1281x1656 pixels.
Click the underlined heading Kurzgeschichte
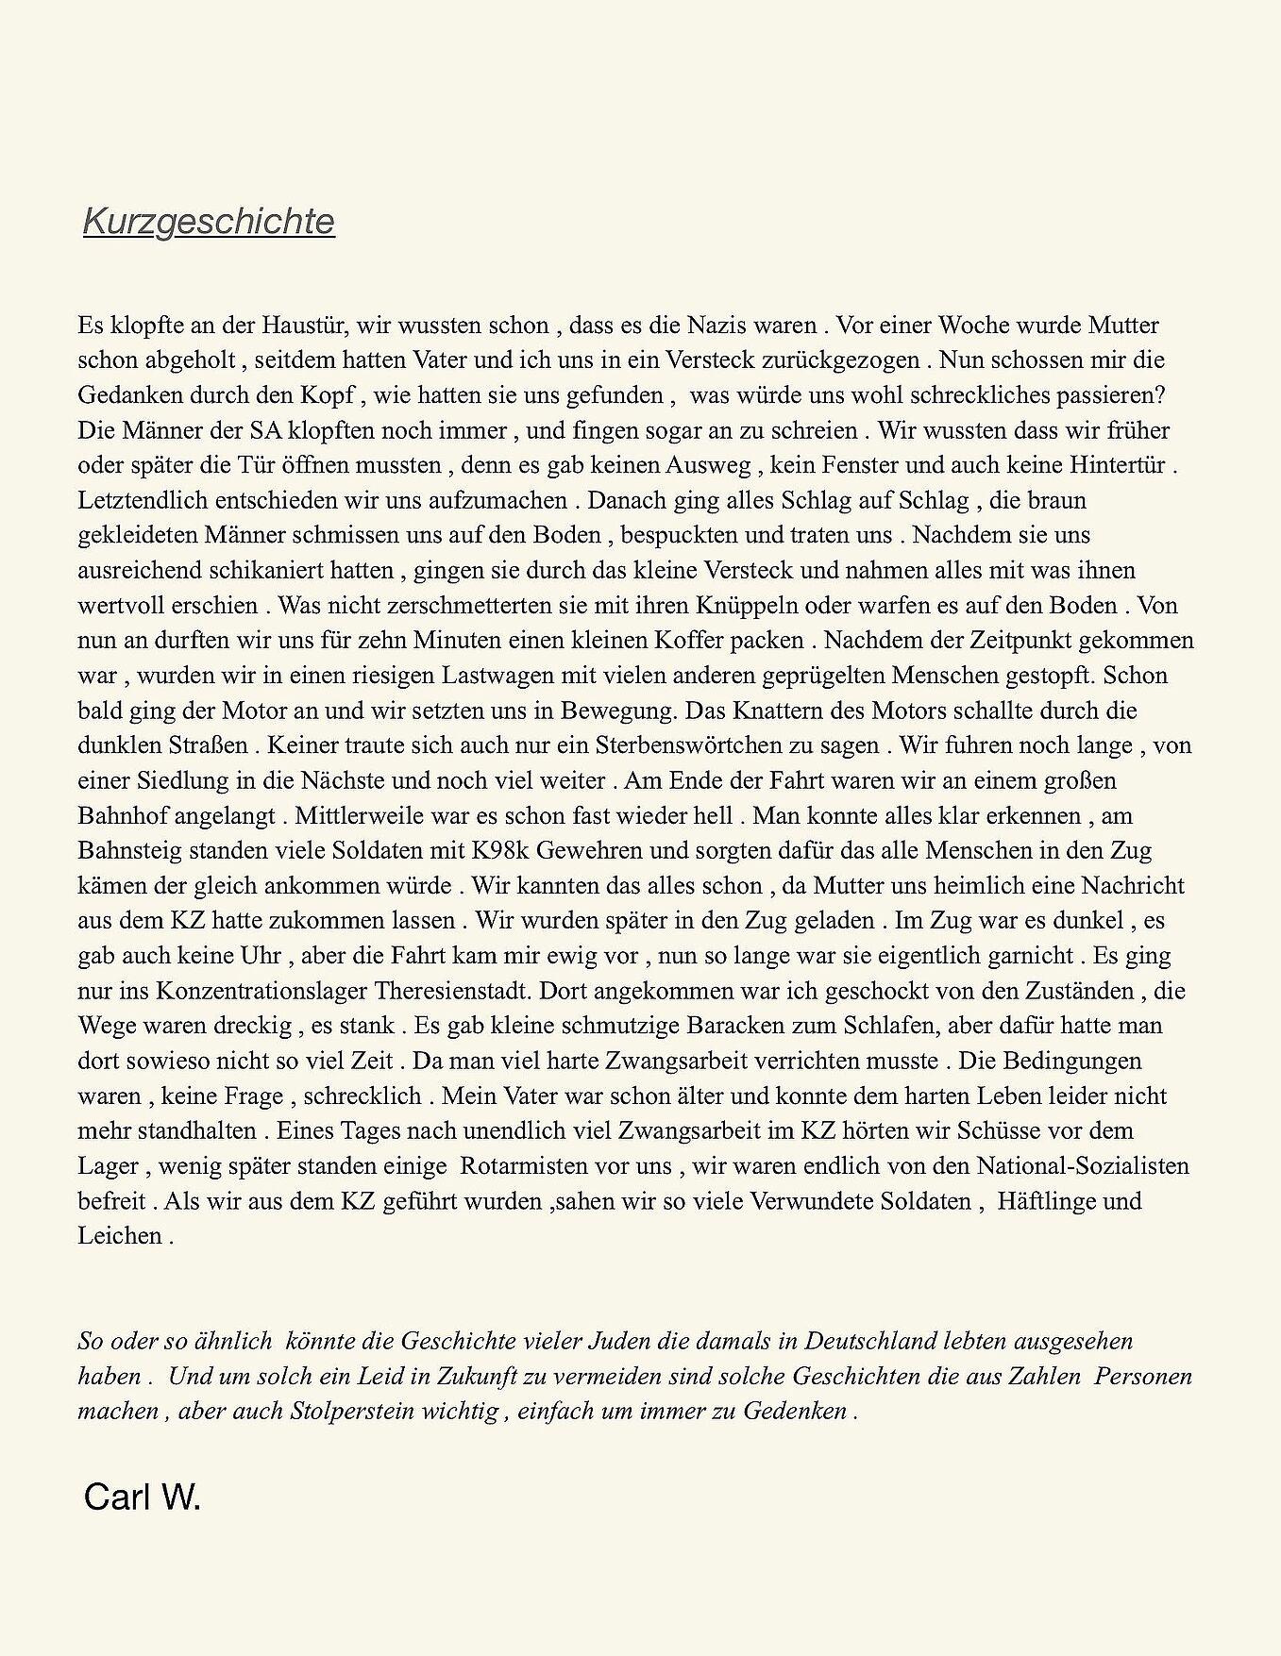209,222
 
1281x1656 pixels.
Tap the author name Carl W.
142,1497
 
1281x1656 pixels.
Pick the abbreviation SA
266,431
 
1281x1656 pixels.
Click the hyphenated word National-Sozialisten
1082,1166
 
